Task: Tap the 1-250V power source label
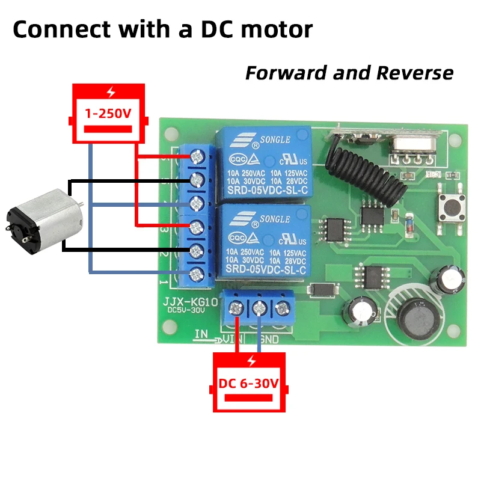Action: click(108, 112)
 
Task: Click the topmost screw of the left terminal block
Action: click(197, 157)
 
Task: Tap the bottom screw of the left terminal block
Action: click(196, 275)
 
